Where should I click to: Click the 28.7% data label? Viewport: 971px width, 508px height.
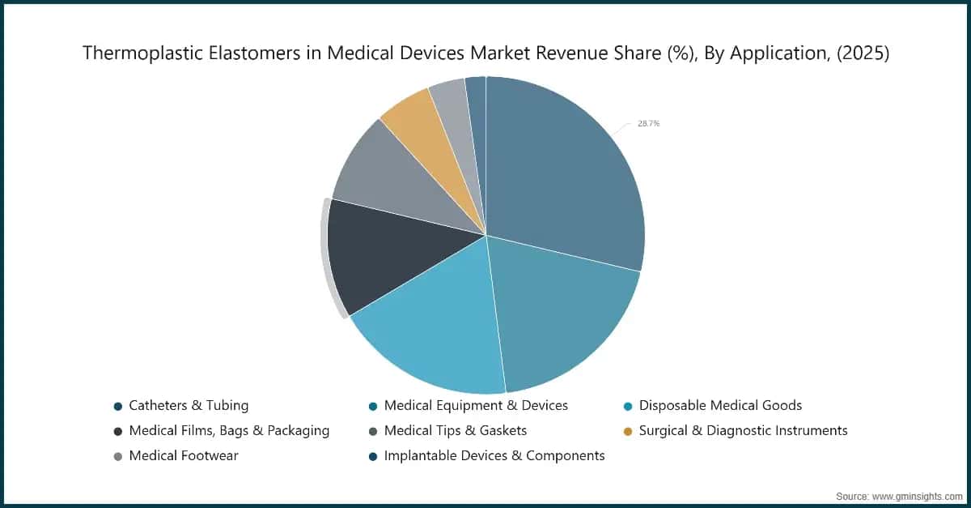648,124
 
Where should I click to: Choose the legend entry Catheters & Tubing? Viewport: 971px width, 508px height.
189,406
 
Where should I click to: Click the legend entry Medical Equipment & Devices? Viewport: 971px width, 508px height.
476,406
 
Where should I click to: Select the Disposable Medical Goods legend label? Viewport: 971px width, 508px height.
720,406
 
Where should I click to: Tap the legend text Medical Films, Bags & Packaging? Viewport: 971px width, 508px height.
229,431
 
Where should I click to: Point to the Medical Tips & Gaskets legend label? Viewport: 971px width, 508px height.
456,431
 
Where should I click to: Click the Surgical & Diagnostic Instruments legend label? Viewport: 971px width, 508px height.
744,431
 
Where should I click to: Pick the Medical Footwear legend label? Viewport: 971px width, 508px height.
184,456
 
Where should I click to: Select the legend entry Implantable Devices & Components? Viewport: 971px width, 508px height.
494,456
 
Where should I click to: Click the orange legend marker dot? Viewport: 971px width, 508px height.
628,432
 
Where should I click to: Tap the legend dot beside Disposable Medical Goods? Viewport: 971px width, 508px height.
628,407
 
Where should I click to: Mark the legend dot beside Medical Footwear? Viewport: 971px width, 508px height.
118,457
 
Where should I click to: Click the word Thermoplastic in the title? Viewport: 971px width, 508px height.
143,53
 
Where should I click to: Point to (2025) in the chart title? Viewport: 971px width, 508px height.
863,53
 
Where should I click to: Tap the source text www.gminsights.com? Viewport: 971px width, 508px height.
917,497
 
